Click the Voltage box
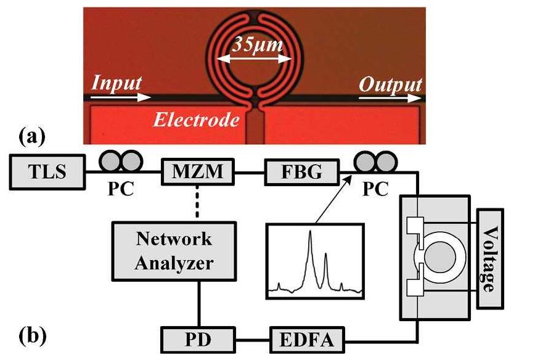(490, 253)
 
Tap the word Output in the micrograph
(391, 84)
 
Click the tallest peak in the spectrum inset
(311, 233)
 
